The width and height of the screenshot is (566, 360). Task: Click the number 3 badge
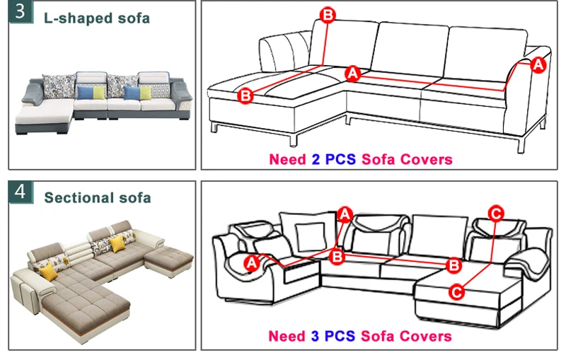[21, 13]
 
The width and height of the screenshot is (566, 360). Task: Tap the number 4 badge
[21, 192]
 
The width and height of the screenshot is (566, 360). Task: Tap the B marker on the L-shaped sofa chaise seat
[246, 95]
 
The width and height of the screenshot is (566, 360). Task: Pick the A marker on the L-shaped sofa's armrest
[538, 64]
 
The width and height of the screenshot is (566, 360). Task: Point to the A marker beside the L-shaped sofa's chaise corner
[353, 72]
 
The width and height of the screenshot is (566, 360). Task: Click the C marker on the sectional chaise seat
[457, 291]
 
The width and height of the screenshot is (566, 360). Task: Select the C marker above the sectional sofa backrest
[497, 211]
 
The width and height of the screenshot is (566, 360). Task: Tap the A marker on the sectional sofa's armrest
[250, 262]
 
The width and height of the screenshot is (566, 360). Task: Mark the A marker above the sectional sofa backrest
[345, 213]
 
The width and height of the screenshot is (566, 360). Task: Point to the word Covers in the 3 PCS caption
[427, 336]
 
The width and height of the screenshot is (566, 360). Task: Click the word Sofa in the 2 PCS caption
[379, 159]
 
